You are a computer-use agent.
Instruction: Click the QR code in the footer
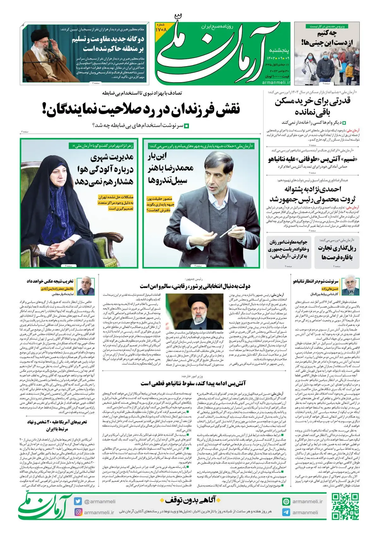point(345,506)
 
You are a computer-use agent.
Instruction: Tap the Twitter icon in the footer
point(78,501)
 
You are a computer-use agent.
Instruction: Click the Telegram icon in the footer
point(286,512)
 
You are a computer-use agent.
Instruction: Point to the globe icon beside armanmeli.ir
point(286,502)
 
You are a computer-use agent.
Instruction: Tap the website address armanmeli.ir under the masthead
point(276,82)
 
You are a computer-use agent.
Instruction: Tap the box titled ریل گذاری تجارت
point(337,252)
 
